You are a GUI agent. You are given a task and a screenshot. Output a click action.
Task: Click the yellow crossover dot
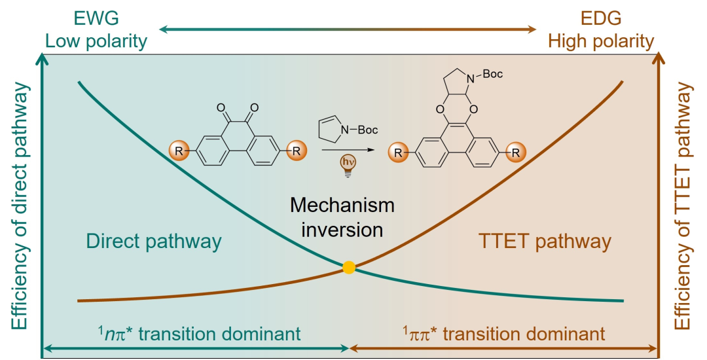point(349,267)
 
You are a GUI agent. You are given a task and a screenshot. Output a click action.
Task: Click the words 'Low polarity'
point(96,42)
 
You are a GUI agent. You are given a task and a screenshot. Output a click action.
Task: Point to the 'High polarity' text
point(601,42)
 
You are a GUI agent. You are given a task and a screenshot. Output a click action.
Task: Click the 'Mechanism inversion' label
point(342,218)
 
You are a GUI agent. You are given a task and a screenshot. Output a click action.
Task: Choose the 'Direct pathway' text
point(154,242)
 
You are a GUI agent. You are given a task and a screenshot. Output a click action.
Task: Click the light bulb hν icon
point(344,163)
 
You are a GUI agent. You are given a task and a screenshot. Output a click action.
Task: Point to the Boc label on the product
point(492,75)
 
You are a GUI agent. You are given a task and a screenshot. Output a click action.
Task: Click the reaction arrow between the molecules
point(344,151)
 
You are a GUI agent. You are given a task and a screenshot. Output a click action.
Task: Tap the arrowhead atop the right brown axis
point(659,59)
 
